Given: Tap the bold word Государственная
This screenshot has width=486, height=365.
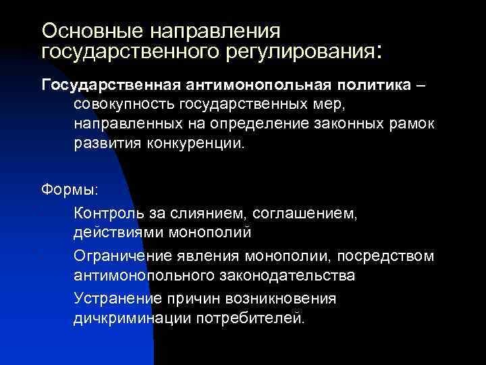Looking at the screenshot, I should [x=110, y=85].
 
